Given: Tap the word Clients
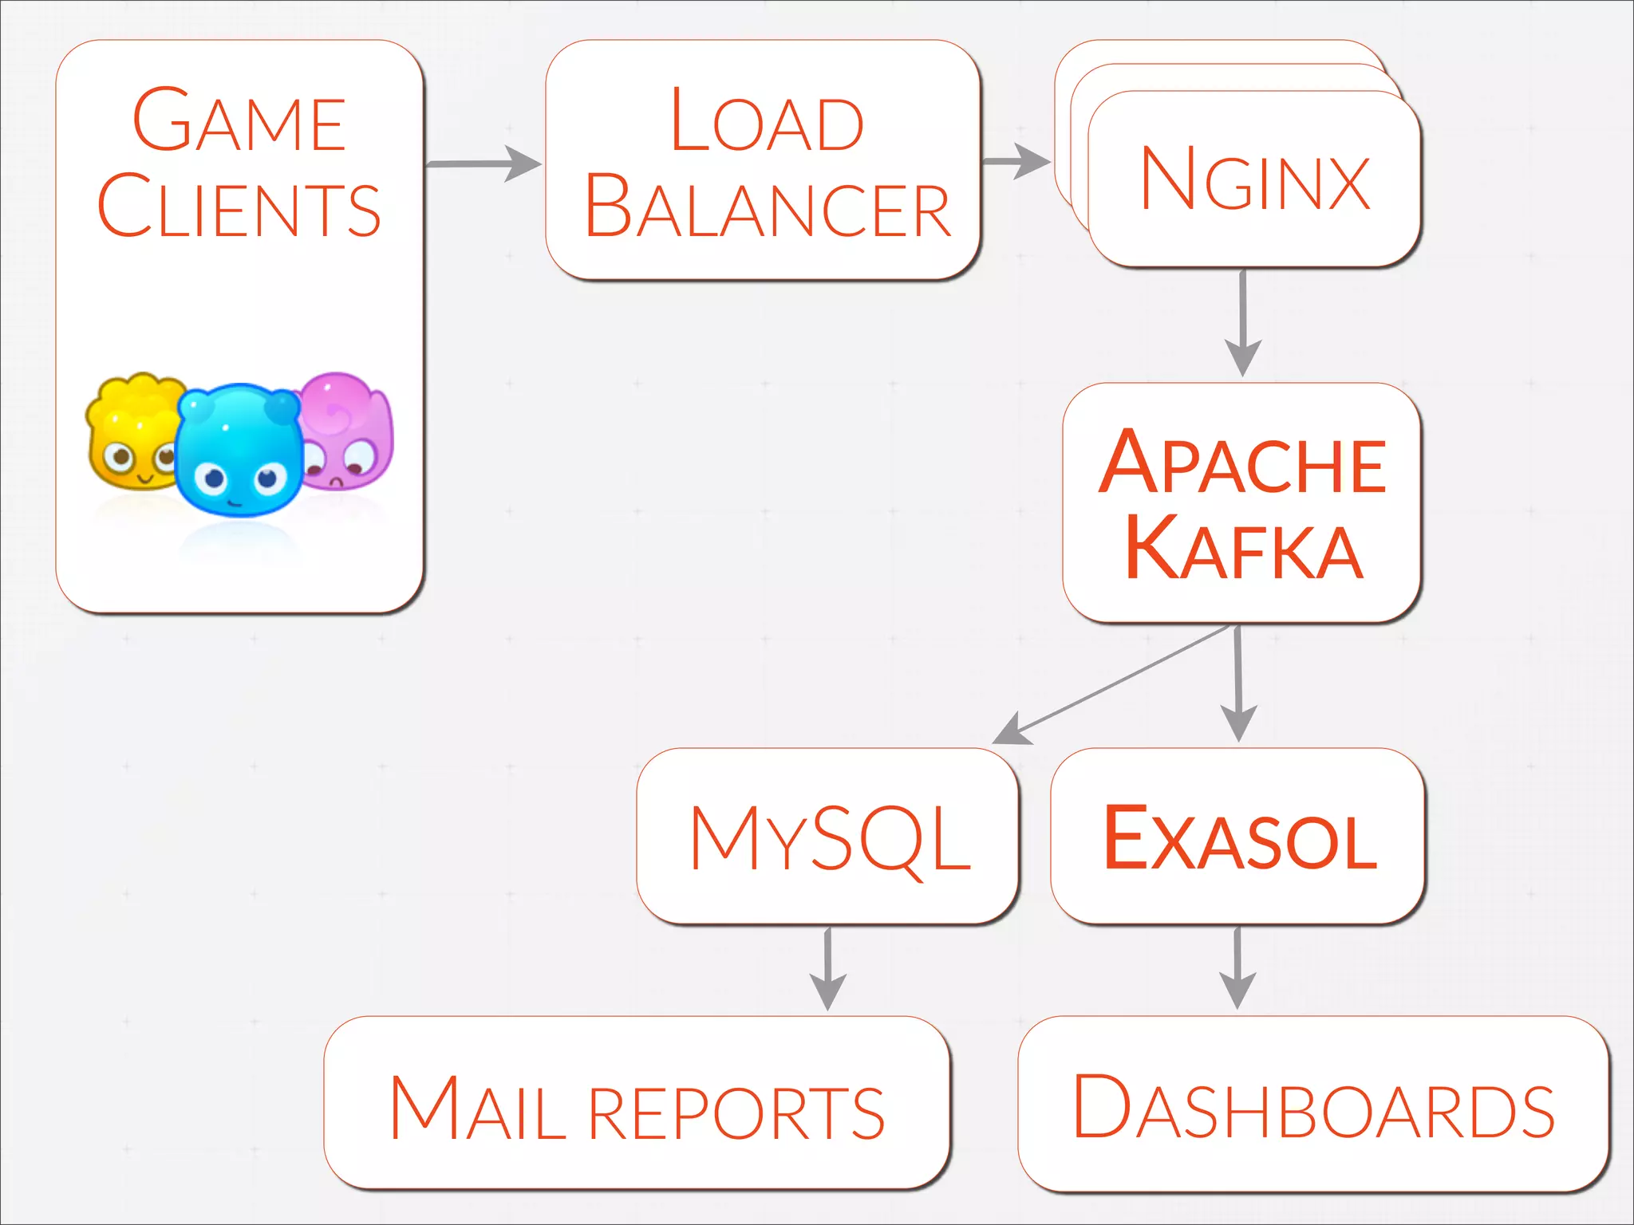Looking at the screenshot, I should pyautogui.click(x=239, y=206).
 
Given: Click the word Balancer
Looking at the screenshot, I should pyautogui.click(x=767, y=207).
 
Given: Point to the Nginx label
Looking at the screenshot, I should pyautogui.click(x=1255, y=179).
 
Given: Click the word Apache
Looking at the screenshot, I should pyautogui.click(x=1242, y=463).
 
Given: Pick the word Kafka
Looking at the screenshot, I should pyautogui.click(x=1242, y=549).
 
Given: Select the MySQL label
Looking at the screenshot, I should pyautogui.click(x=830, y=837).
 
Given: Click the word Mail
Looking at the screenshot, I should pyautogui.click(x=476, y=1109).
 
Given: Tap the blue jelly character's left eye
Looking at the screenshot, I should pyautogui.click(x=215, y=479).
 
